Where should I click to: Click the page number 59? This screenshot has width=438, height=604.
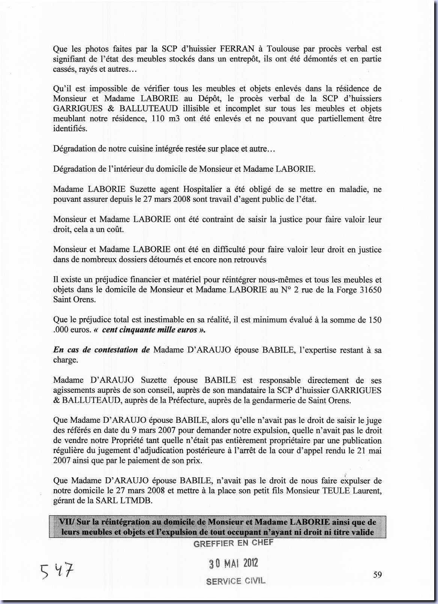click(378, 574)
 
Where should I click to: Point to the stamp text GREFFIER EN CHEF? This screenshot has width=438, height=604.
click(233, 543)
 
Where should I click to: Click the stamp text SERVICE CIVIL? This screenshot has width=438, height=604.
click(236, 581)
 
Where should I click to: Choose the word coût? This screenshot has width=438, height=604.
click(115, 229)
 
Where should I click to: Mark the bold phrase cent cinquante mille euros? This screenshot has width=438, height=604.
click(149, 330)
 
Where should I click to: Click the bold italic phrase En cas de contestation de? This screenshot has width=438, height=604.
click(101, 350)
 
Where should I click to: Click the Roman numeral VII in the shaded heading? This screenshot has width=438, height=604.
click(65, 522)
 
